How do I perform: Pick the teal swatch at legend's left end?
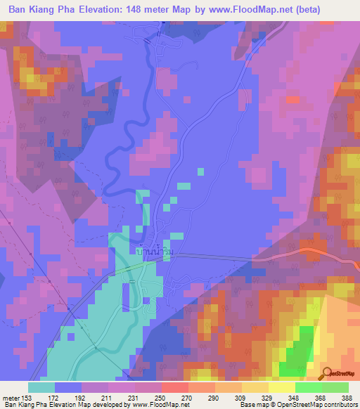41,387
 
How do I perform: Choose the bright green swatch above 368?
308,387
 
